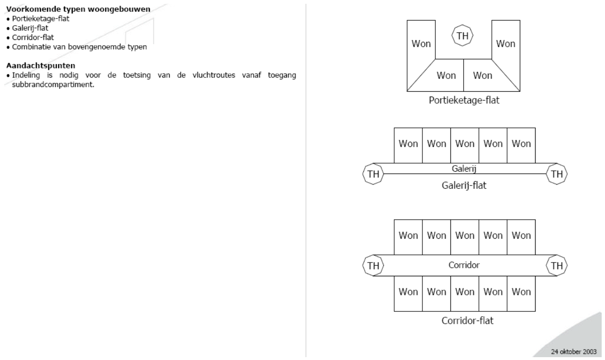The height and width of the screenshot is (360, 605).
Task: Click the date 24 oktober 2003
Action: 575,352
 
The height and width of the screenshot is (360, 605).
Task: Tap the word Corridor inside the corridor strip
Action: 464,265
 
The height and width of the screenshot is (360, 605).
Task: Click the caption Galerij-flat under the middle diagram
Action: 464,185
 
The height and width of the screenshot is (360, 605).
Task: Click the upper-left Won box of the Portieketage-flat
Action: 421,44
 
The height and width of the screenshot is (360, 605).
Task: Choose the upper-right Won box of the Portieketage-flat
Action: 506,44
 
